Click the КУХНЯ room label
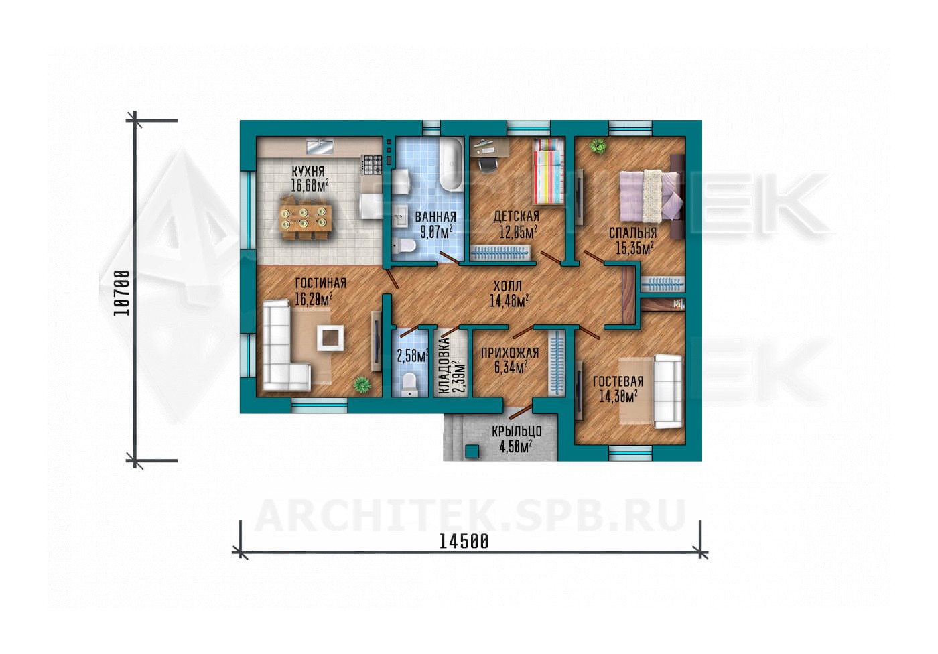308,172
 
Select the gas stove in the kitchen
372,165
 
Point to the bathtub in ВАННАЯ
450,165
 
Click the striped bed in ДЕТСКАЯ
549,172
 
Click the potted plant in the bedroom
598,147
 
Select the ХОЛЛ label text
508,286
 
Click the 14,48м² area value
509,301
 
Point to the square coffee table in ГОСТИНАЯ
330,338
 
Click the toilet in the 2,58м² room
409,383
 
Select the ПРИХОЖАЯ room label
510,353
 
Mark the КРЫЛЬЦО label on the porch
517,431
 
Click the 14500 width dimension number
464,542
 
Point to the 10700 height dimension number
121,293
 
